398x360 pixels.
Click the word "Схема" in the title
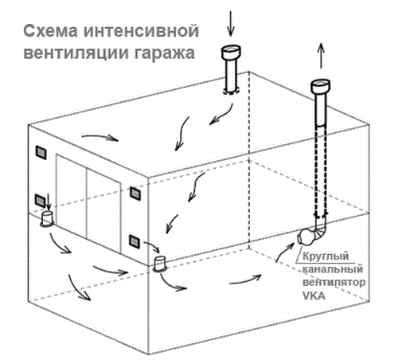click(x=50, y=31)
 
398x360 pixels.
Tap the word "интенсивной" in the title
click(x=141, y=31)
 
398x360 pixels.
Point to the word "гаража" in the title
click(x=164, y=54)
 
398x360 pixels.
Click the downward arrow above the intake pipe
click(x=231, y=23)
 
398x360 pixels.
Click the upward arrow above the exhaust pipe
click(x=321, y=56)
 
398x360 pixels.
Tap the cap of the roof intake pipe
click(x=231, y=52)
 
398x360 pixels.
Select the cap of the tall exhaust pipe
click(x=321, y=87)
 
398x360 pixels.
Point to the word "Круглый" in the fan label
click(x=326, y=256)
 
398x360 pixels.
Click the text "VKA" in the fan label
click(x=314, y=295)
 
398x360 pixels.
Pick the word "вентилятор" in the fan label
click(x=334, y=282)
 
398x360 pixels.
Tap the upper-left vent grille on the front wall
click(x=41, y=152)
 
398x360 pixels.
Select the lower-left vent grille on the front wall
click(x=41, y=201)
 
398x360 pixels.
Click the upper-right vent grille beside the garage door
click(x=135, y=193)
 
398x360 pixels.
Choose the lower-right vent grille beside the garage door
click(x=135, y=241)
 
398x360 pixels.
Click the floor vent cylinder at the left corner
click(x=47, y=219)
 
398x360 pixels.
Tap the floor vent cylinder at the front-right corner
click(x=160, y=264)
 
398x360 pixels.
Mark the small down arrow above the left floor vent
click(x=49, y=202)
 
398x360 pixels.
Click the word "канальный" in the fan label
click(x=333, y=269)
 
